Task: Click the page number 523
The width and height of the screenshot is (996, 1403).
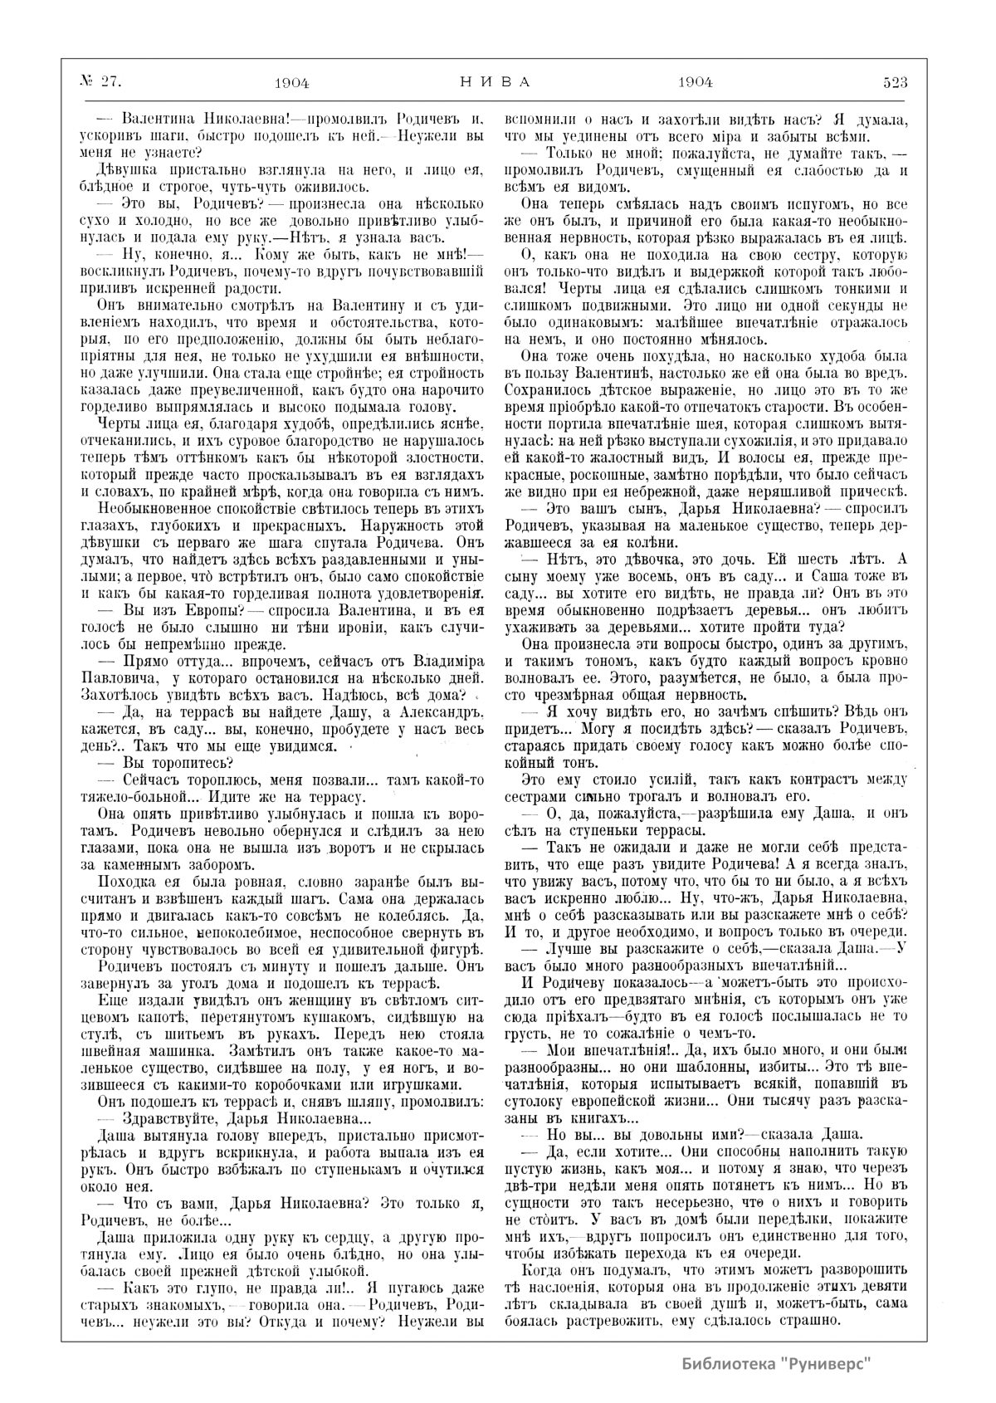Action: click(895, 81)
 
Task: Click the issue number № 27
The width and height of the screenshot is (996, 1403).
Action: click(100, 81)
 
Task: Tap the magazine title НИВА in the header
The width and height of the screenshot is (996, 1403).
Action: click(495, 81)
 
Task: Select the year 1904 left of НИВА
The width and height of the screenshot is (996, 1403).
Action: click(291, 81)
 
